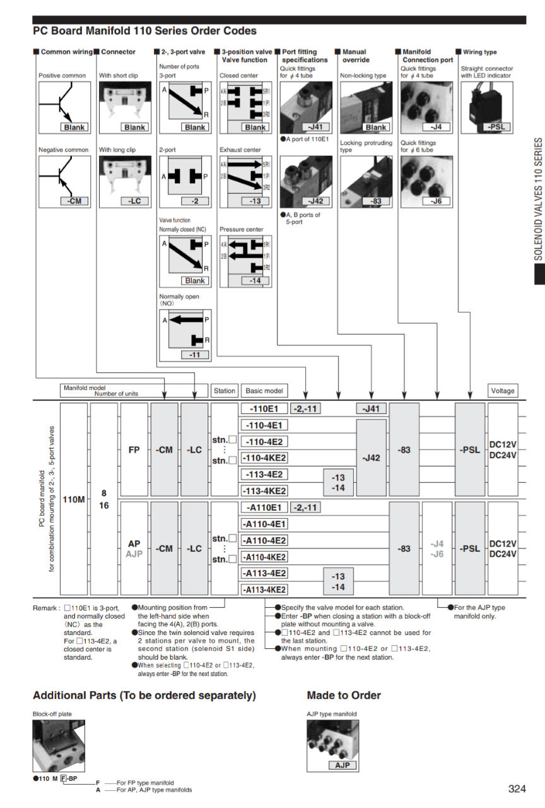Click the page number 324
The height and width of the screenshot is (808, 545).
(517, 788)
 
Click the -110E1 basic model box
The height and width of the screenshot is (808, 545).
(264, 408)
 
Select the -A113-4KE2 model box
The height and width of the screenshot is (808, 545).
(264, 590)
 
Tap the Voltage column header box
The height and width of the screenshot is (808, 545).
(502, 391)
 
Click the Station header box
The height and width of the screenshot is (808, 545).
(224, 391)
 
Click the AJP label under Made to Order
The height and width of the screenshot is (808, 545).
(342, 765)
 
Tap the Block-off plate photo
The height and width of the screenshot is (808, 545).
(58, 746)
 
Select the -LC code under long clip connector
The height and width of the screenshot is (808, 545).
(134, 201)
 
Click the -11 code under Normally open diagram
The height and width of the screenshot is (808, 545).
(195, 355)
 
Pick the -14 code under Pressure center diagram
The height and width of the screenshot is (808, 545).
(255, 280)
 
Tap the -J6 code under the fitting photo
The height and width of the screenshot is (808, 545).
(436, 201)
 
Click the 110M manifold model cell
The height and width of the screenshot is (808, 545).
(74, 499)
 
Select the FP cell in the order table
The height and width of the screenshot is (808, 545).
(134, 450)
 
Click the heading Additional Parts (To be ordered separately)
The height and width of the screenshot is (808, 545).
(144, 696)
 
